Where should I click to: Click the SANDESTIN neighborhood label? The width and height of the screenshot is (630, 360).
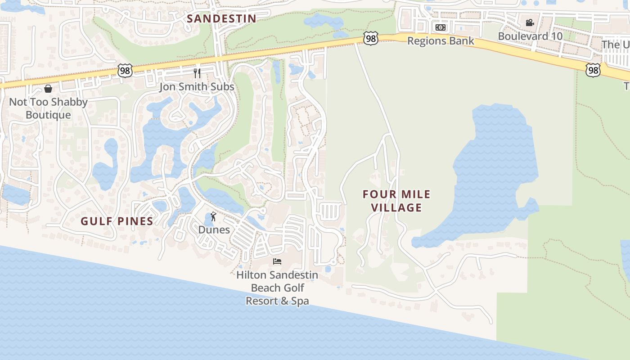pos(221,18)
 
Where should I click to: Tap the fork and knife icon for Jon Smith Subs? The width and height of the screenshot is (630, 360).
pos(197,73)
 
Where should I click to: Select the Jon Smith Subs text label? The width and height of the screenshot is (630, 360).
pos(197,86)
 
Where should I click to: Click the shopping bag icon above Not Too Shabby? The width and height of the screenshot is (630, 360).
pos(48,89)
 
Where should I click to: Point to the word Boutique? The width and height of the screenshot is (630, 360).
pos(48,115)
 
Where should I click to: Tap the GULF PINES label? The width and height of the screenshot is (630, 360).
pos(117,221)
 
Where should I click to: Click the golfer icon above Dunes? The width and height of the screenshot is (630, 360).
pos(213,217)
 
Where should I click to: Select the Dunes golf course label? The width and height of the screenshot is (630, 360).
pos(214,229)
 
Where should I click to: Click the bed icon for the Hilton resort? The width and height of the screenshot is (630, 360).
pos(277,261)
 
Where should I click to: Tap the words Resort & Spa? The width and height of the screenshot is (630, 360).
pos(277,301)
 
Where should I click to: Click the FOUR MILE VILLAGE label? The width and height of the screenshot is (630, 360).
pos(396,201)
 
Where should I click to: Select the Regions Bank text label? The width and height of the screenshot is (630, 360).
pos(441,41)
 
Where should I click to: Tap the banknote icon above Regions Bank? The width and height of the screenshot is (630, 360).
pos(441,27)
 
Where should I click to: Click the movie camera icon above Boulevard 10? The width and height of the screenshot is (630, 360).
pos(530,22)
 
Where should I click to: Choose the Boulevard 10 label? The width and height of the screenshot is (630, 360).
pos(530,36)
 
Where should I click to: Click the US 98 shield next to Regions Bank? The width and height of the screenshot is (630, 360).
pos(371,39)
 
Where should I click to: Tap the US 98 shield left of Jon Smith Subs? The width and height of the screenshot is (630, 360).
pos(126,70)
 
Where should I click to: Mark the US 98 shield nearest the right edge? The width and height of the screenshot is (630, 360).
pos(594,69)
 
